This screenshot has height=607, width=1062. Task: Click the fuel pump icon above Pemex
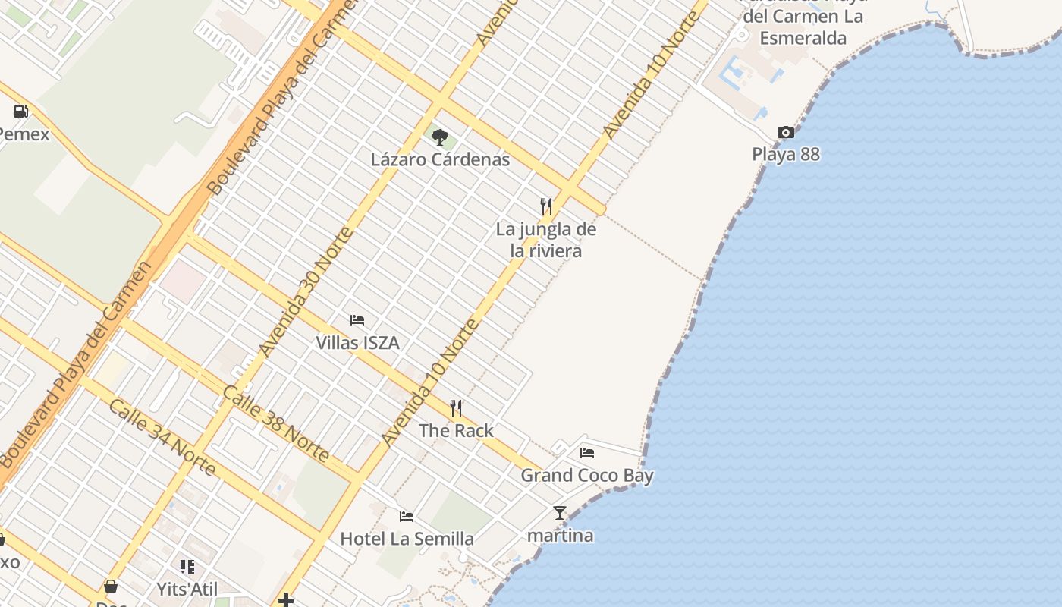pyautogui.click(x=20, y=112)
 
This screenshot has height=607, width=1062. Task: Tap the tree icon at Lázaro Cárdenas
pyautogui.click(x=439, y=137)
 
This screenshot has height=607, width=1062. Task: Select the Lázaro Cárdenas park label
pyautogui.click(x=440, y=160)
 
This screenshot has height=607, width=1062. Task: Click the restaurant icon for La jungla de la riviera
pyautogui.click(x=545, y=206)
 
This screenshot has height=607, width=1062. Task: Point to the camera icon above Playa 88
pyautogui.click(x=786, y=133)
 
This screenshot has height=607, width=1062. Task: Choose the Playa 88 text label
pyautogui.click(x=786, y=154)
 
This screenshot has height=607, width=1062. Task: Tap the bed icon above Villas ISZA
pyautogui.click(x=357, y=320)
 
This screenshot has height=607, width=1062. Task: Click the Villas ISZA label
pyautogui.click(x=357, y=343)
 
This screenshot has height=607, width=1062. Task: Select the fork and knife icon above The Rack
pyautogui.click(x=456, y=408)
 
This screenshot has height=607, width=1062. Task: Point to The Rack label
pyautogui.click(x=456, y=431)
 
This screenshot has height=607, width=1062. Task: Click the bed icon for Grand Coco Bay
pyautogui.click(x=587, y=453)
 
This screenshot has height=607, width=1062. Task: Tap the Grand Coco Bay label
pyautogui.click(x=587, y=476)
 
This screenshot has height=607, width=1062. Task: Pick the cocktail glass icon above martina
pyautogui.click(x=560, y=513)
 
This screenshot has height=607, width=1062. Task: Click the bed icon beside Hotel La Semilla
pyautogui.click(x=407, y=517)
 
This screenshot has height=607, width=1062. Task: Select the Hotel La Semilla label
pyautogui.click(x=407, y=539)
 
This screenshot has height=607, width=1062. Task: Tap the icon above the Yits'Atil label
pyautogui.click(x=187, y=567)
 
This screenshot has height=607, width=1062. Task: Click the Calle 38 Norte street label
pyautogui.click(x=276, y=424)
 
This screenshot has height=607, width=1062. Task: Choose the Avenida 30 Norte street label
pyautogui.click(x=305, y=292)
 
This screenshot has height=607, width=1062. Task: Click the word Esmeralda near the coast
pyautogui.click(x=803, y=37)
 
